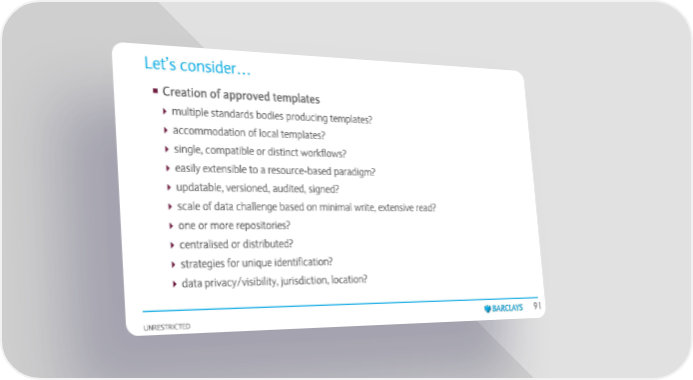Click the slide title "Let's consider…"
click(197, 66)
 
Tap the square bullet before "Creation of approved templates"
click(155, 91)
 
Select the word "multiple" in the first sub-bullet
click(190, 112)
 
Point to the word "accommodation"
click(209, 131)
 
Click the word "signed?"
click(324, 189)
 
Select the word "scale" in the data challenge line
click(189, 206)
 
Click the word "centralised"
click(204, 245)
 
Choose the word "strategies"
click(203, 264)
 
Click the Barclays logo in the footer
click(503, 308)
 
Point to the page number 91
click(537, 306)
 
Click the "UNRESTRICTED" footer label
click(167, 327)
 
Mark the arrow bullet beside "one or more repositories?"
click(172, 226)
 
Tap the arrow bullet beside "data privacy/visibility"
click(175, 284)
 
